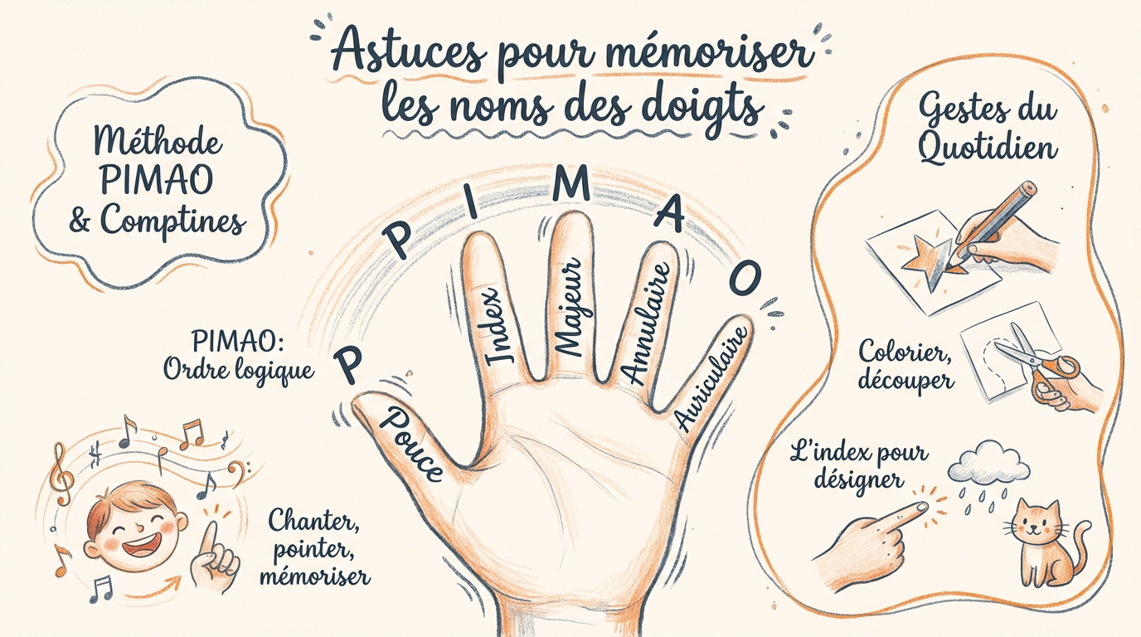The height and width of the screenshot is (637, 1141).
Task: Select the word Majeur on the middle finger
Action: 569,307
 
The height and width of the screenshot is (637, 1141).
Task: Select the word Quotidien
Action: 988,148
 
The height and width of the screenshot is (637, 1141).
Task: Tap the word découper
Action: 906,380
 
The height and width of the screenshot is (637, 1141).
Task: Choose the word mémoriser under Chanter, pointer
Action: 315,576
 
